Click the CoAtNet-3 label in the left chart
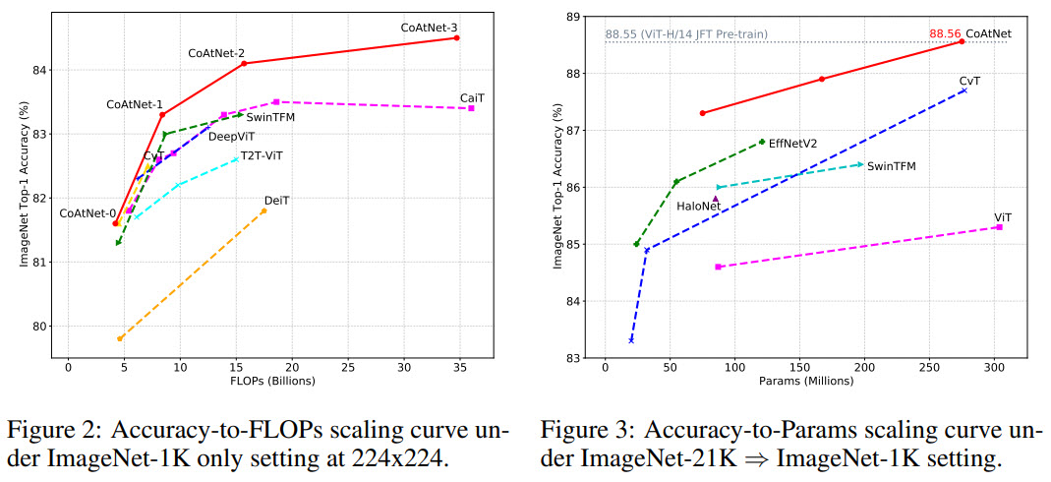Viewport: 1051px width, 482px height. coord(430,28)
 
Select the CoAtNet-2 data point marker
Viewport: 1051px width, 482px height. coord(244,63)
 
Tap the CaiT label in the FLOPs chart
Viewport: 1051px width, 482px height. coord(471,97)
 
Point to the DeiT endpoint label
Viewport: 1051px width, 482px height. coord(276,200)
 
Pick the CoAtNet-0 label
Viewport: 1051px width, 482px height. coord(88,213)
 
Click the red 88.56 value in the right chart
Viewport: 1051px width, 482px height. coord(945,32)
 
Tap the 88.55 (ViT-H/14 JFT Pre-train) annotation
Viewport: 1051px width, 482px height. coord(686,34)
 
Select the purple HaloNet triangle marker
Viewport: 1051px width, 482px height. coord(716,199)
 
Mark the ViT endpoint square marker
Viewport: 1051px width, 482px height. coord(999,227)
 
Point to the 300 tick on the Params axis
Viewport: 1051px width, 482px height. coord(994,366)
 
